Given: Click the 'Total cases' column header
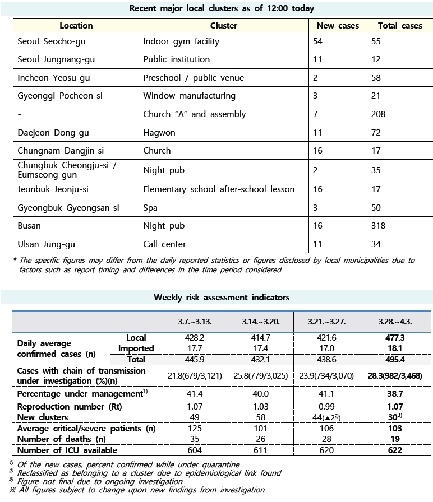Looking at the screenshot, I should click(x=400, y=26).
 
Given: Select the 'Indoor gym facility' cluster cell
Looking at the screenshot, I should click(x=181, y=41).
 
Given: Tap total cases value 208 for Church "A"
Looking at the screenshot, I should click(x=379, y=114).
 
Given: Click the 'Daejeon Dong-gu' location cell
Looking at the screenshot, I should click(x=53, y=133).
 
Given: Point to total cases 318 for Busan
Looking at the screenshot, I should click(x=379, y=226).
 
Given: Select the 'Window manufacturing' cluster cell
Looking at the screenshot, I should click(x=189, y=96).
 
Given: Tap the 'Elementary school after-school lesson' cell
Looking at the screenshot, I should click(x=219, y=189).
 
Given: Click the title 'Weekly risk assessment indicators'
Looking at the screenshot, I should click(x=222, y=298).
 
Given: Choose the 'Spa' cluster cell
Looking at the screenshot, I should click(x=150, y=208).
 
